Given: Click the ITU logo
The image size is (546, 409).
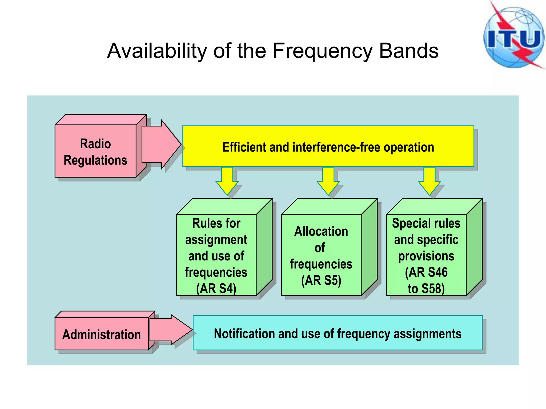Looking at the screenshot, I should point(514,37).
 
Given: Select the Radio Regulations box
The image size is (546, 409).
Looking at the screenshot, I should point(95,151).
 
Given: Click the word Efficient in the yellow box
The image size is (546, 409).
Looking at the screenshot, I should point(244,147).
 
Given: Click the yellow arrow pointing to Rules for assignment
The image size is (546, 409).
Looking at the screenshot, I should point(227,181).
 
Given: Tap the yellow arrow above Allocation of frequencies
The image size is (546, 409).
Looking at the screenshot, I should point(328,181).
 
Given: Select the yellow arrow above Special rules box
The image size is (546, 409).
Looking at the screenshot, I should point(429,181).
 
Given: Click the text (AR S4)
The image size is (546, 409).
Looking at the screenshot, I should point(216,289).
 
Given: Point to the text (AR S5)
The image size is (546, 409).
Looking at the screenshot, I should point(321,280).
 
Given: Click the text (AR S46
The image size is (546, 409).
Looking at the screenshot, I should point(426,272).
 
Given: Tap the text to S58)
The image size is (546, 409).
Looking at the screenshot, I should point(426,289).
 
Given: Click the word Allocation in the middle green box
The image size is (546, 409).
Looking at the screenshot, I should point(321,231).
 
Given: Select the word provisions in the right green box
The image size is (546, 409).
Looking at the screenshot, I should point(426,256).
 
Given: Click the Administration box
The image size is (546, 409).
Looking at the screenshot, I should point(101,334).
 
